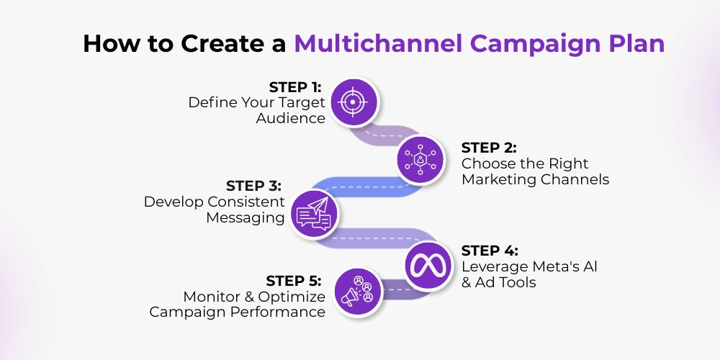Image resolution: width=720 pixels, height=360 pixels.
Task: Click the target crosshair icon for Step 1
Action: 354,102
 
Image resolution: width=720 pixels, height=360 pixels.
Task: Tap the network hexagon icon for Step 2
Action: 420,159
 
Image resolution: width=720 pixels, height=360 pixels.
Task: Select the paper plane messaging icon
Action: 314,215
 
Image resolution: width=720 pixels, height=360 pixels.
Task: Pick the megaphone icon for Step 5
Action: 358,292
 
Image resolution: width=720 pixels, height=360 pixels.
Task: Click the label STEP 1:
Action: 295,87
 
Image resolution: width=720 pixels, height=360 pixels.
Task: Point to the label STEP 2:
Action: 489,148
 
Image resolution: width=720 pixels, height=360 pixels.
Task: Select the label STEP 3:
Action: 253,186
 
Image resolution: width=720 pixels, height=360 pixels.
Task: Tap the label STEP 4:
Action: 490,251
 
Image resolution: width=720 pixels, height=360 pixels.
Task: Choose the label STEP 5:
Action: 294,281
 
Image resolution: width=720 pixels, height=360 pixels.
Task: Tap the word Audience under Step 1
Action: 291,118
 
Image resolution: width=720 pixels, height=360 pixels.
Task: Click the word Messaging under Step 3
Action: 246,217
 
